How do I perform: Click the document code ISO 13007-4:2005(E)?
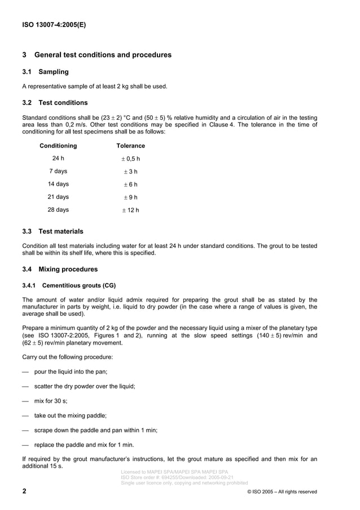click(54, 25)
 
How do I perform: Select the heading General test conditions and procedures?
click(96, 55)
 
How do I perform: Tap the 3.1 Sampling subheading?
click(45, 72)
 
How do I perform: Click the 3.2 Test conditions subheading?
click(55, 103)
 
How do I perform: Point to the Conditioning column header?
click(58, 146)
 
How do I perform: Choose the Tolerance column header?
click(130, 146)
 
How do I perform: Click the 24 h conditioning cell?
click(58, 158)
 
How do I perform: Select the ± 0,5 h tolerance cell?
click(130, 159)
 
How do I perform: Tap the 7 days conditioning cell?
click(58, 171)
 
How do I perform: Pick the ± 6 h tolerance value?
click(130, 185)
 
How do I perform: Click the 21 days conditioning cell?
click(58, 197)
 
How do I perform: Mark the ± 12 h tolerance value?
click(130, 210)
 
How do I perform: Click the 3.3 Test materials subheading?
click(52, 231)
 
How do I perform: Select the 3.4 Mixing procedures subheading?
click(59, 269)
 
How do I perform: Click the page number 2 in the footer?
click(24, 491)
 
